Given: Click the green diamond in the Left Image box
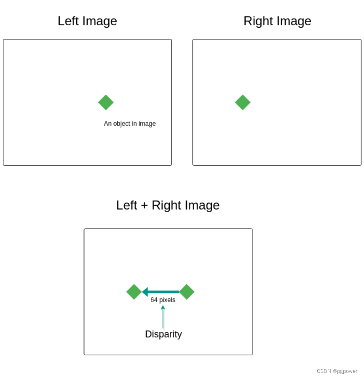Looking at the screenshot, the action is [106, 102].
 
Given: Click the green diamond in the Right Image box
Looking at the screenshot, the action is [243, 102].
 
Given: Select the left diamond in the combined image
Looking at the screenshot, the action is [134, 292].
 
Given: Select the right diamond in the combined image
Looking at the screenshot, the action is [187, 292].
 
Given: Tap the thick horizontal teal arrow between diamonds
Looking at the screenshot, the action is [161, 292].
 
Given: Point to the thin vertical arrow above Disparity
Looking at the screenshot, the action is [163, 317].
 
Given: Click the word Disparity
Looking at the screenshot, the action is [163, 334].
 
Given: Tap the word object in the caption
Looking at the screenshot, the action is [122, 124].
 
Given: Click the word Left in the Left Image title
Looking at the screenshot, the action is [68, 21].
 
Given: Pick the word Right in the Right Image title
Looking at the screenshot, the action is [260, 21].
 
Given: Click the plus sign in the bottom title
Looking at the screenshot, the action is [144, 206].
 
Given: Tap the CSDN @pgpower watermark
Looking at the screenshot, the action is [337, 371].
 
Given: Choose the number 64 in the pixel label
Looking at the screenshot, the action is [154, 300].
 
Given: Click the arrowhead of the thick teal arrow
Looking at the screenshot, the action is [145, 292].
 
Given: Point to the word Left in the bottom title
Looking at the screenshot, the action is [127, 205].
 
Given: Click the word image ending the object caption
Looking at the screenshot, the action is [147, 124].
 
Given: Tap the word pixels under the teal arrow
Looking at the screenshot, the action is [167, 300].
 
